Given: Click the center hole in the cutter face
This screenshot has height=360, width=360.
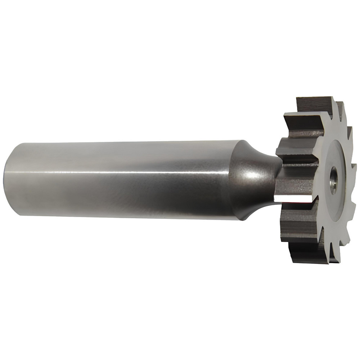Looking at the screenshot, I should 333,180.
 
